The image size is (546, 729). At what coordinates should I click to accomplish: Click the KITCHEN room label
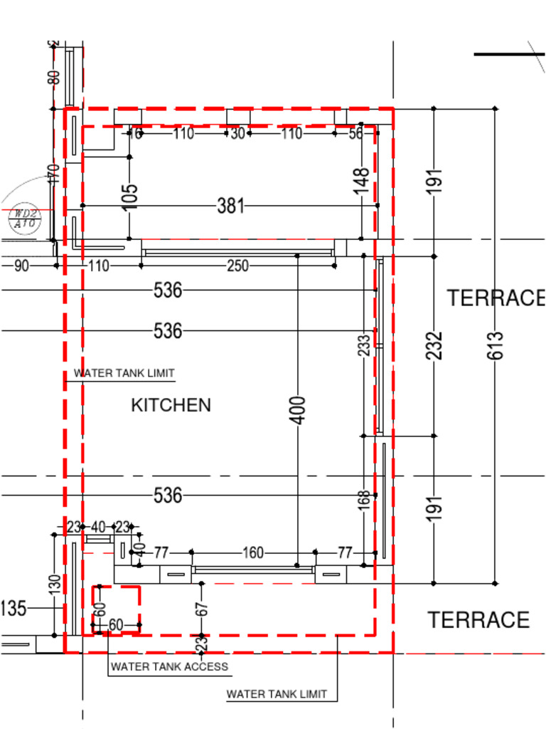[171, 405]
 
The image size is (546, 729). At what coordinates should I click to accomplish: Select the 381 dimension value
[230, 206]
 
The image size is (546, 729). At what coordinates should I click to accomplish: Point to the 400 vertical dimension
[299, 409]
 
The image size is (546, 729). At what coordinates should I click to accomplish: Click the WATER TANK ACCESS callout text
[169, 666]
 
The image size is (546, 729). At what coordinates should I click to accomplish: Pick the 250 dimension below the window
[237, 266]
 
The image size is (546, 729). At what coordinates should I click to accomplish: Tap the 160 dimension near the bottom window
[253, 552]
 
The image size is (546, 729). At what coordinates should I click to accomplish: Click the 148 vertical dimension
[362, 181]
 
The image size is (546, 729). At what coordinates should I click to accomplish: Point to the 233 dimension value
[364, 345]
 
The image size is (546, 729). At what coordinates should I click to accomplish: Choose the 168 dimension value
[364, 500]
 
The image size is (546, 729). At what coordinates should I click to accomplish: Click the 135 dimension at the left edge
[13, 609]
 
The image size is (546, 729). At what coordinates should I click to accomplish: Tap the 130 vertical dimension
[55, 584]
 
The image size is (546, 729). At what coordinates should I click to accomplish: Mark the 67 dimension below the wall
[202, 609]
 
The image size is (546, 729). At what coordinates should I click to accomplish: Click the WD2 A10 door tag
[26, 219]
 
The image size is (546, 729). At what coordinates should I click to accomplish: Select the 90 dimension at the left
[21, 266]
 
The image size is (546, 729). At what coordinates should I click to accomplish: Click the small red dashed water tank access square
[116, 609]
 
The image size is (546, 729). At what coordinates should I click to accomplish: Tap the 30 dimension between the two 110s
[237, 133]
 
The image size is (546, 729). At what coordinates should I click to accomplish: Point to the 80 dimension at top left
[54, 76]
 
